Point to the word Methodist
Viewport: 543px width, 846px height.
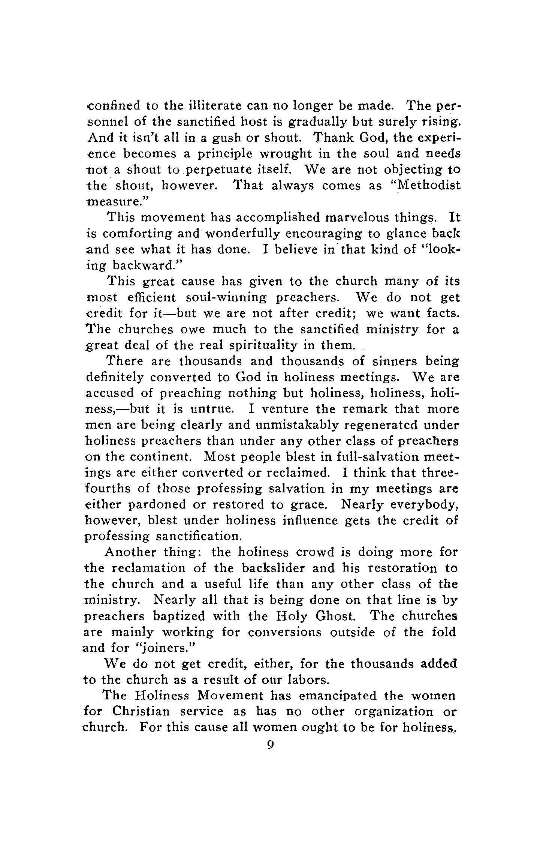point(423,186)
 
